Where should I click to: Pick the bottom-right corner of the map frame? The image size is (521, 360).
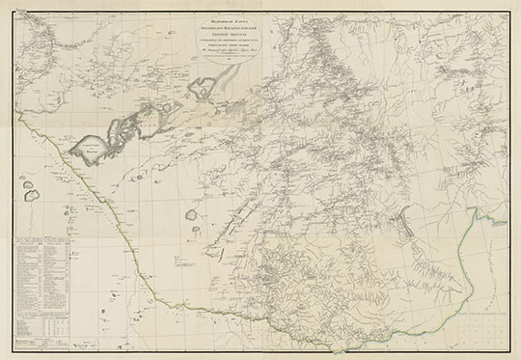(507, 349)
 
